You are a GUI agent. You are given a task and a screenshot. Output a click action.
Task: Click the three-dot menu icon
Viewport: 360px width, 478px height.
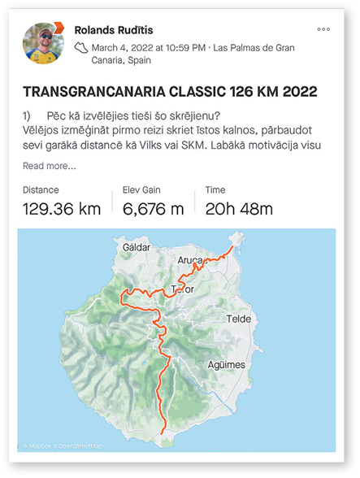point(324,29)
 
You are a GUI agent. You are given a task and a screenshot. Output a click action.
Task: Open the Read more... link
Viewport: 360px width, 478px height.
point(49,167)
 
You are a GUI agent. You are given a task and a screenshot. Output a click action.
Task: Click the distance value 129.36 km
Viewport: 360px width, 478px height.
point(62,209)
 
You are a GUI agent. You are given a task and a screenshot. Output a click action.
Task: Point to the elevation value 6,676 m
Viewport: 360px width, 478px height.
point(154,209)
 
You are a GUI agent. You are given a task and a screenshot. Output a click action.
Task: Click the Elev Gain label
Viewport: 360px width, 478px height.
point(141,189)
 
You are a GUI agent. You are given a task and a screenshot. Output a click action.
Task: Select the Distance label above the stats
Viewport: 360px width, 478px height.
point(41,189)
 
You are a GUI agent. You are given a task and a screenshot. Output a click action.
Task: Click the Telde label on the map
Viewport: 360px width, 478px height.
point(241,319)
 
